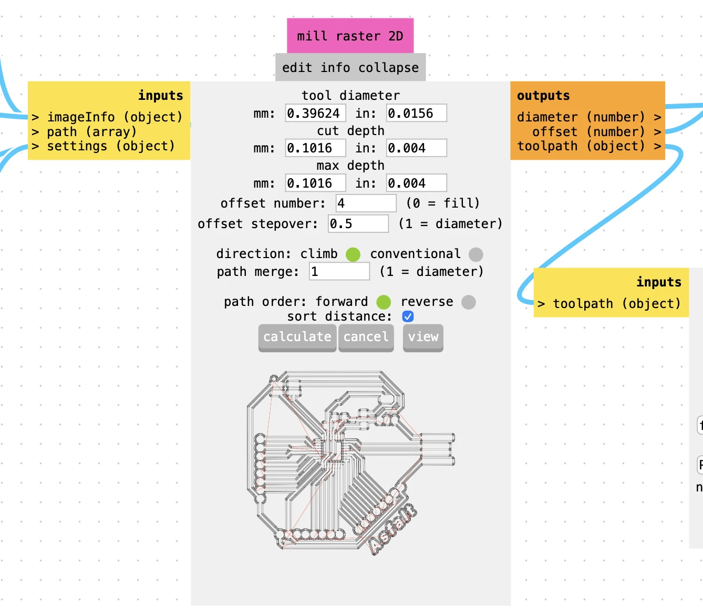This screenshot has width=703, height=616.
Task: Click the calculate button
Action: pos(297,337)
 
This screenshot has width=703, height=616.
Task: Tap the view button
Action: pos(423,337)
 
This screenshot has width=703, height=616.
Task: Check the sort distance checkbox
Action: pos(408,316)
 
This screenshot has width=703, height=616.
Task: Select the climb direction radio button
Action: pos(353,254)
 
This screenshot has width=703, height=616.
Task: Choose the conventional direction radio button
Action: pos(475,254)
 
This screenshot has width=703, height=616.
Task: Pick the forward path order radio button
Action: pos(384,302)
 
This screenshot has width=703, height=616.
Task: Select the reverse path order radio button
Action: pos(468,302)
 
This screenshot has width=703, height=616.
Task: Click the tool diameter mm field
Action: pos(315,113)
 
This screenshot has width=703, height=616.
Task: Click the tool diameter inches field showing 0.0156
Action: pos(416,113)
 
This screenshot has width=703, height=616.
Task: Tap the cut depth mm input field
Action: pos(315,148)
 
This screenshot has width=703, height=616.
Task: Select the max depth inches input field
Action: pos(416,183)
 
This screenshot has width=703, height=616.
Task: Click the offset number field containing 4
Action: pos(366,203)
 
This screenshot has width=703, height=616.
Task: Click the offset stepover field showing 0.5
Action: pos(358,224)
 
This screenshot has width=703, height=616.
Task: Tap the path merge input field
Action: pos(339,272)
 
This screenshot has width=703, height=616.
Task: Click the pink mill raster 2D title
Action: pos(350,36)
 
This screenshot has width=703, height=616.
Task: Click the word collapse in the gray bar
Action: pos(388,68)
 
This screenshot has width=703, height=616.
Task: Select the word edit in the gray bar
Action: pos(297,68)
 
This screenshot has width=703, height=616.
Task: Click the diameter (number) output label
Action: pos(581,117)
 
